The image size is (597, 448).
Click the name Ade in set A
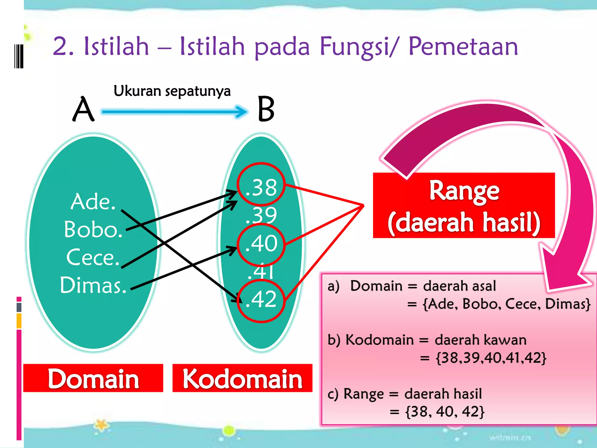(93, 202)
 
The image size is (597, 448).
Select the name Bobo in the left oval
(93, 230)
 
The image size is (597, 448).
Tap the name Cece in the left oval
(93, 257)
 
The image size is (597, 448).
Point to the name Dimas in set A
(93, 285)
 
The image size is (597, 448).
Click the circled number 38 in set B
(261, 187)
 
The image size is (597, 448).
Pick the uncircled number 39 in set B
(261, 215)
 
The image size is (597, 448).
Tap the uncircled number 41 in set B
(261, 271)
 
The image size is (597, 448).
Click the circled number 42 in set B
(261, 299)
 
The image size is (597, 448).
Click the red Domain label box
(93, 378)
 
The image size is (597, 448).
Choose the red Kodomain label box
(242, 378)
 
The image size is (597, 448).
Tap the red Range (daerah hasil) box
(464, 206)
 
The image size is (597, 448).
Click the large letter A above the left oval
(83, 109)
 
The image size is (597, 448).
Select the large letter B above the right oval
(266, 109)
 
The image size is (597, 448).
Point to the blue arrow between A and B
(174, 112)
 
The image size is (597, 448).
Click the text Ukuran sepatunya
(172, 91)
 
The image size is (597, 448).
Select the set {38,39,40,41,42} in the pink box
(491, 358)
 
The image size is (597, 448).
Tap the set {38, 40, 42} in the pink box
(445, 412)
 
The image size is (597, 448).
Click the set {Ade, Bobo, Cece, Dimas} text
(507, 304)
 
